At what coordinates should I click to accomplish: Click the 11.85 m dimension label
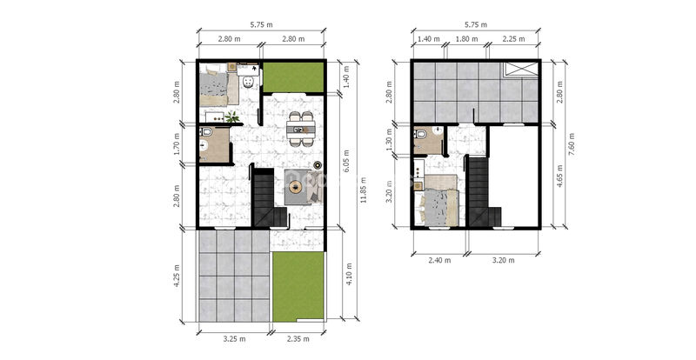point(364,190)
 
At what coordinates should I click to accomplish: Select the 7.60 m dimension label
point(572,144)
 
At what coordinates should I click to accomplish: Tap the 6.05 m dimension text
point(346,161)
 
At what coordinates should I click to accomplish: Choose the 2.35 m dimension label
point(298,338)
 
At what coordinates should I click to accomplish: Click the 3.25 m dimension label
point(234,338)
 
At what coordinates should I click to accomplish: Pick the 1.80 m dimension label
point(466,38)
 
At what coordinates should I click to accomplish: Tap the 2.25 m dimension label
point(513,38)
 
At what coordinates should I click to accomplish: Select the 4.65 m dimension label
point(559,177)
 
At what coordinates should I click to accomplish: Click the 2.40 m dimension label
point(439,260)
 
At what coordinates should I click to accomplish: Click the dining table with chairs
point(301,130)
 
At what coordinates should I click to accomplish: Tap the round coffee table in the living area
point(295,187)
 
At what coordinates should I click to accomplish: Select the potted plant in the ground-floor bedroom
point(232,117)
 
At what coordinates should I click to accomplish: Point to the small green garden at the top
point(293,77)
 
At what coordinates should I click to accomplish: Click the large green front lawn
point(298,287)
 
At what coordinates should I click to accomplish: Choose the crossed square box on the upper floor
point(519,70)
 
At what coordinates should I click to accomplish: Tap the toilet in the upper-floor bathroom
point(421,134)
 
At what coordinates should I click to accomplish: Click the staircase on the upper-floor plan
point(484,192)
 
